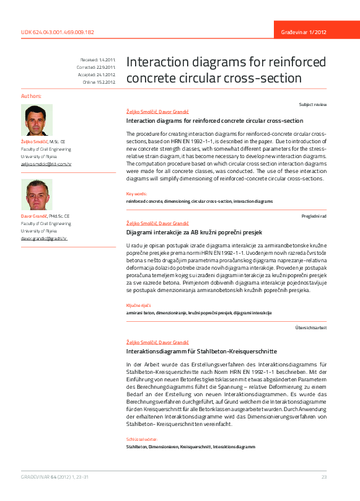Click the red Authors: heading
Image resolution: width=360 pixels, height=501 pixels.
[x=32, y=97]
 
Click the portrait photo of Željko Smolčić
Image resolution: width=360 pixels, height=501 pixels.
[x=37, y=120]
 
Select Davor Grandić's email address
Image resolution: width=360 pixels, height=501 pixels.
[x=44, y=238]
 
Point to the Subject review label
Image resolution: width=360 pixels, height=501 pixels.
[x=312, y=105]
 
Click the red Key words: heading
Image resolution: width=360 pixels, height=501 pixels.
[x=137, y=194]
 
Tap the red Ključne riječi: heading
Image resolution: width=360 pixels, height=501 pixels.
[x=138, y=305]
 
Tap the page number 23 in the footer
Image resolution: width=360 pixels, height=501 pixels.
[x=323, y=476]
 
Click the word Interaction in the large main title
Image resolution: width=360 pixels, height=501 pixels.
[x=159, y=62]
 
